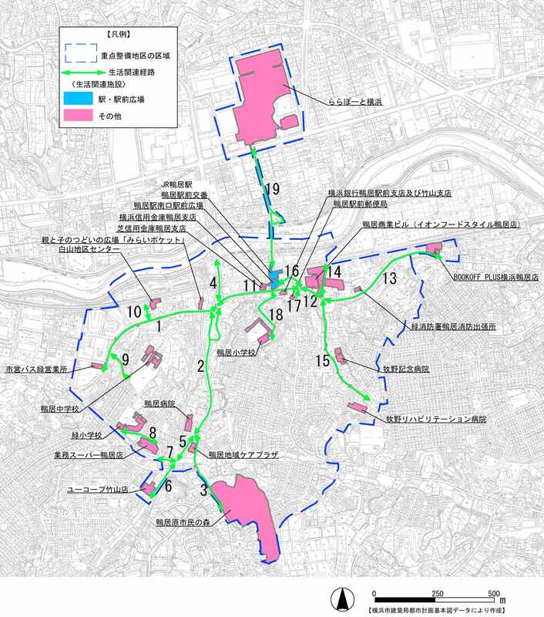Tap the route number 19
pyautogui.click(x=270, y=189)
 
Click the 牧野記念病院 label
pyautogui.click(x=406, y=369)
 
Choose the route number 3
pyautogui.click(x=203, y=488)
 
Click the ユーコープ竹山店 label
pyautogui.click(x=98, y=489)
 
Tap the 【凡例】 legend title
pyautogui.click(x=116, y=35)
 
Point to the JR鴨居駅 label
pyautogui.click(x=183, y=184)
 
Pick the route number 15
pyautogui.click(x=323, y=359)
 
